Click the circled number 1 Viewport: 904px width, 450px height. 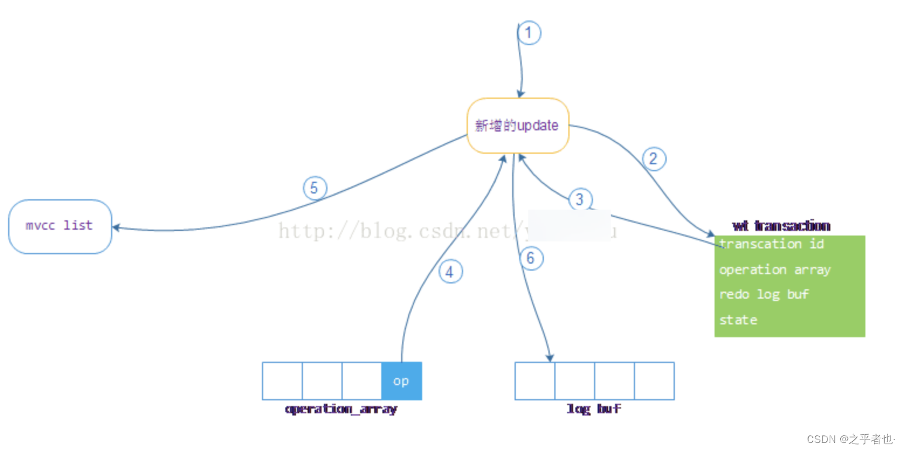(529, 33)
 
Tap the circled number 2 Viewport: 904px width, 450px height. (654, 158)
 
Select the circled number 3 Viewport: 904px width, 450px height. (579, 199)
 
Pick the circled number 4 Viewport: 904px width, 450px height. (450, 272)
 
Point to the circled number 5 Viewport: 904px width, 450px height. (315, 188)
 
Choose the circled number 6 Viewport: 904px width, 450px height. (530, 258)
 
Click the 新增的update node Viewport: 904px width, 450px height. (517, 126)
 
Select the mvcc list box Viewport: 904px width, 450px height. (60, 226)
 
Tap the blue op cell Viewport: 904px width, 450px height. (401, 381)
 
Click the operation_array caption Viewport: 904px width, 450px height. (341, 409)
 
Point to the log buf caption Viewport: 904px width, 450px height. (594, 409)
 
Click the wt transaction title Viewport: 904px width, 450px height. (781, 226)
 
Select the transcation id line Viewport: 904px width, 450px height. (771, 244)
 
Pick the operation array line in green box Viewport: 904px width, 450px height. (775, 269)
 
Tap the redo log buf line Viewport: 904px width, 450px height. (764, 294)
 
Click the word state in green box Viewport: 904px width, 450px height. (738, 320)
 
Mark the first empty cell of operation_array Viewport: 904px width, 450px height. (282, 381)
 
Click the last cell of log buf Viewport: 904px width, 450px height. (654, 381)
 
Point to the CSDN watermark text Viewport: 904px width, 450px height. (851, 438)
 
